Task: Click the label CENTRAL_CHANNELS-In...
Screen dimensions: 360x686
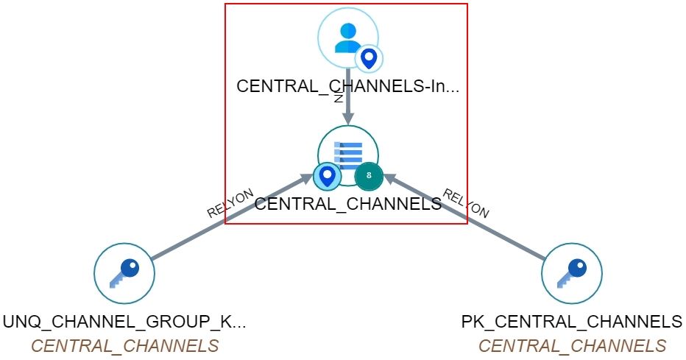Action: pyautogui.click(x=347, y=86)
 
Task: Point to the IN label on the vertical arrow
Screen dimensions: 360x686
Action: pyautogui.click(x=339, y=98)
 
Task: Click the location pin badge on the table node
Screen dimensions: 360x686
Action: pyautogui.click(x=326, y=175)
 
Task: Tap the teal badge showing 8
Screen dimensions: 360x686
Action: pyautogui.click(x=369, y=175)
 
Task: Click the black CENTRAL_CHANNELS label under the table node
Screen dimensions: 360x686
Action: pyautogui.click(x=347, y=204)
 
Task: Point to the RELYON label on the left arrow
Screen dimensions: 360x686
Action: pyautogui.click(x=230, y=203)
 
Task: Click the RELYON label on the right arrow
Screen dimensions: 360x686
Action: pyautogui.click(x=465, y=203)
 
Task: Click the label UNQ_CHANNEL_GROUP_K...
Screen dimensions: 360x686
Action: pyautogui.click(x=124, y=322)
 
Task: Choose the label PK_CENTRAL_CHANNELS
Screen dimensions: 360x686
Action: pyautogui.click(x=572, y=322)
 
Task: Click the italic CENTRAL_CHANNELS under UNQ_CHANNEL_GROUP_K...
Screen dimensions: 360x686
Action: pyautogui.click(x=124, y=346)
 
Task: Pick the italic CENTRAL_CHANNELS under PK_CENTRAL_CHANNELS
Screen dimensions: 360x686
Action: pyautogui.click(x=572, y=346)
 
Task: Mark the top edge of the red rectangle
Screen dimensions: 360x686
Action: pyautogui.click(x=346, y=4)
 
